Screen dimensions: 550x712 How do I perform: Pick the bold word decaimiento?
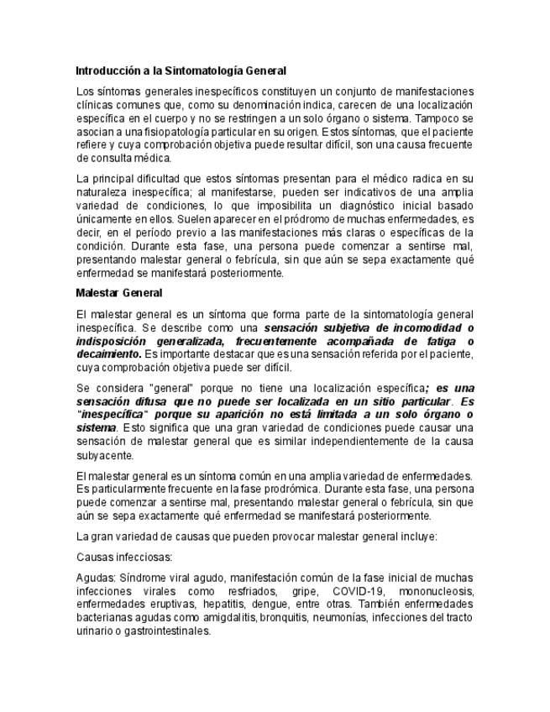click(104, 355)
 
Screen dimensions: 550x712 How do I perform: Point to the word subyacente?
click(105, 456)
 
